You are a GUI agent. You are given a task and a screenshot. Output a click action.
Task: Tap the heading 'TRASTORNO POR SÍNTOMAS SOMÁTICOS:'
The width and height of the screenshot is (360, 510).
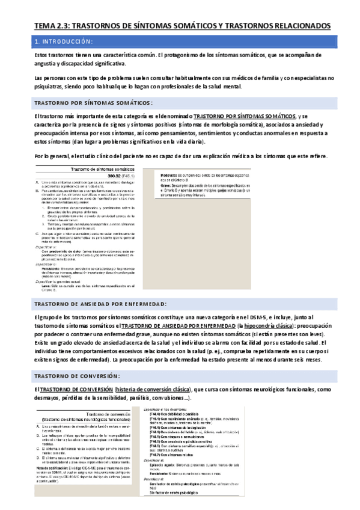[93, 102]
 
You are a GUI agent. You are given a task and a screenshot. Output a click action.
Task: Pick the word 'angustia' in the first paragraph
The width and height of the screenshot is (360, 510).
[47, 63]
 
